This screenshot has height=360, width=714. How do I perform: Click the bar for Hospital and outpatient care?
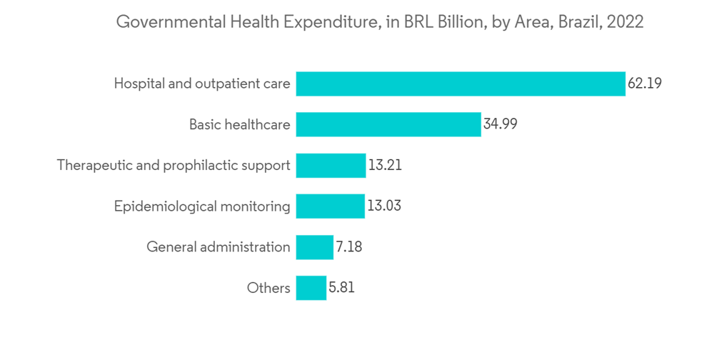pos(461,84)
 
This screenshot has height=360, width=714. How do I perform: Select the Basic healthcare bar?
pos(388,124)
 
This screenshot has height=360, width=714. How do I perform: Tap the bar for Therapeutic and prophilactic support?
pos(331,166)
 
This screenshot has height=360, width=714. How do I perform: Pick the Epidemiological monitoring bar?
pos(330,206)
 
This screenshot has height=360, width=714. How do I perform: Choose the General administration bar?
pos(314,247)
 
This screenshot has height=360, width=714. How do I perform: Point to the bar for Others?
pos(311,289)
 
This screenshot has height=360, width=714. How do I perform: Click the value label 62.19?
pos(645,84)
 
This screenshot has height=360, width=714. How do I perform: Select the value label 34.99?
pos(500,124)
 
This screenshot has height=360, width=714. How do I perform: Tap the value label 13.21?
pos(385,166)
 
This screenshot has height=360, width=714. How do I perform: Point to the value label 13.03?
pos(384,206)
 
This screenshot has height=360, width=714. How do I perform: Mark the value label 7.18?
pos(349,247)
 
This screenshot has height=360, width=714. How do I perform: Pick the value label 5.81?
pos(341,289)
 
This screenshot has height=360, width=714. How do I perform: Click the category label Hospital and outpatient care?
pos(202,84)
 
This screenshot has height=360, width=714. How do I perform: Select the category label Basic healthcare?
pos(240,124)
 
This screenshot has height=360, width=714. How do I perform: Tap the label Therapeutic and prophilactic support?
pos(174,166)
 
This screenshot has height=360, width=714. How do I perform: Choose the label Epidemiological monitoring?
pos(202,206)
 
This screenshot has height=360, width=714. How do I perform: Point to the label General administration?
pos(218,247)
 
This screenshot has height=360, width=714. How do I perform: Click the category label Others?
pos(268,289)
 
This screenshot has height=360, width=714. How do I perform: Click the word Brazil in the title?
pos(579,22)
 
